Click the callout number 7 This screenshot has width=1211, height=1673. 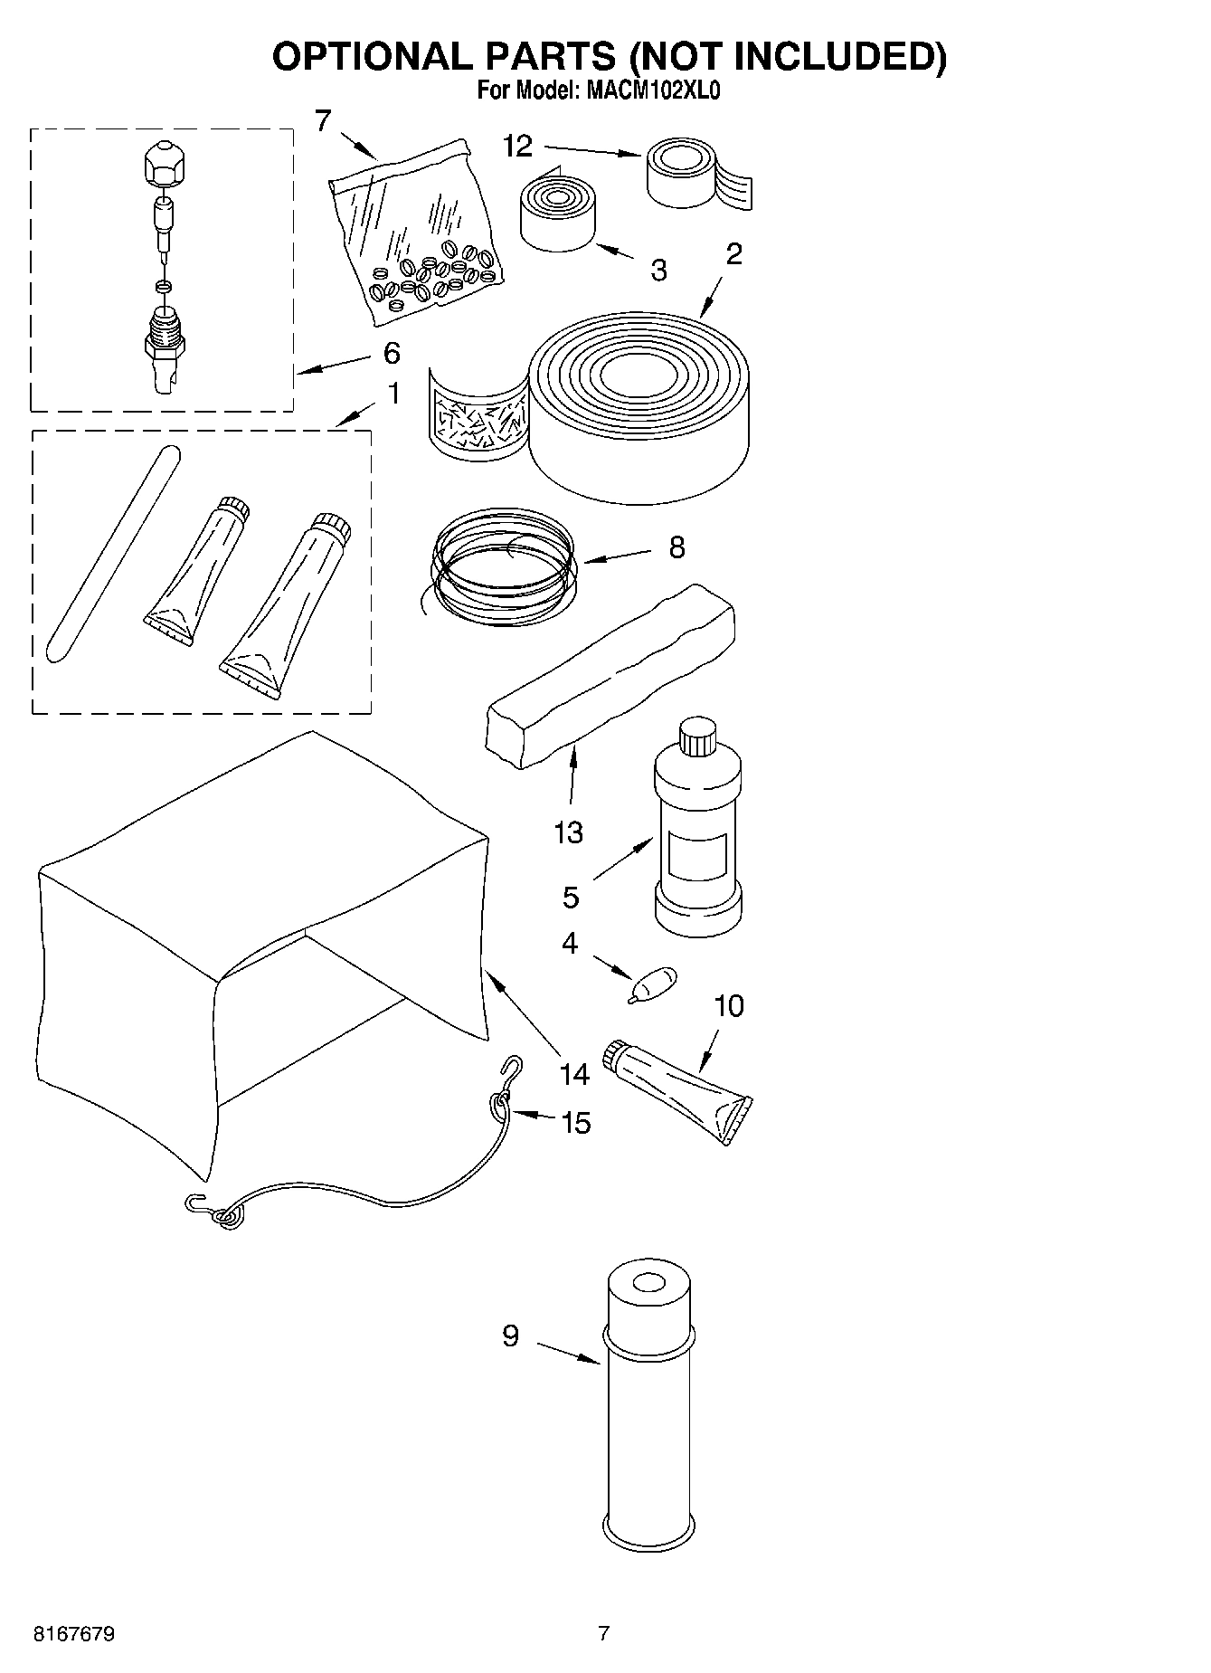click(x=323, y=119)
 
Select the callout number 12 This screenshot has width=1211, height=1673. click(x=518, y=147)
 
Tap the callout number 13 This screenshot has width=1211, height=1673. click(x=568, y=832)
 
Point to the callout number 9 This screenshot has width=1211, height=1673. click(x=511, y=1336)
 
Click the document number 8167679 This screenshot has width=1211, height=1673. click(x=74, y=1634)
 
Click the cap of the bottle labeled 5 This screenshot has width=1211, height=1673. click(x=697, y=736)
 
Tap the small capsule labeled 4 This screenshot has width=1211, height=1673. click(x=655, y=982)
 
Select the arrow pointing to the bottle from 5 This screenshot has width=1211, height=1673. click(x=623, y=860)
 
